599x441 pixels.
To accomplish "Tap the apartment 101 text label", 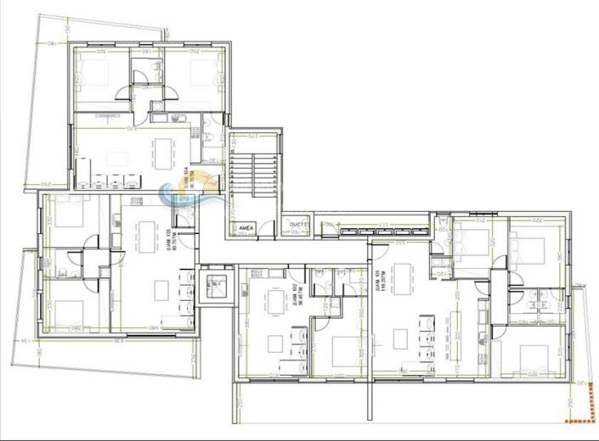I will pyautogui.click(x=376, y=278).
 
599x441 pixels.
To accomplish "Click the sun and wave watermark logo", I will pyautogui.click(x=181, y=198).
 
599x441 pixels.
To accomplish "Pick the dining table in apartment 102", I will pyautogui.click(x=277, y=302).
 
